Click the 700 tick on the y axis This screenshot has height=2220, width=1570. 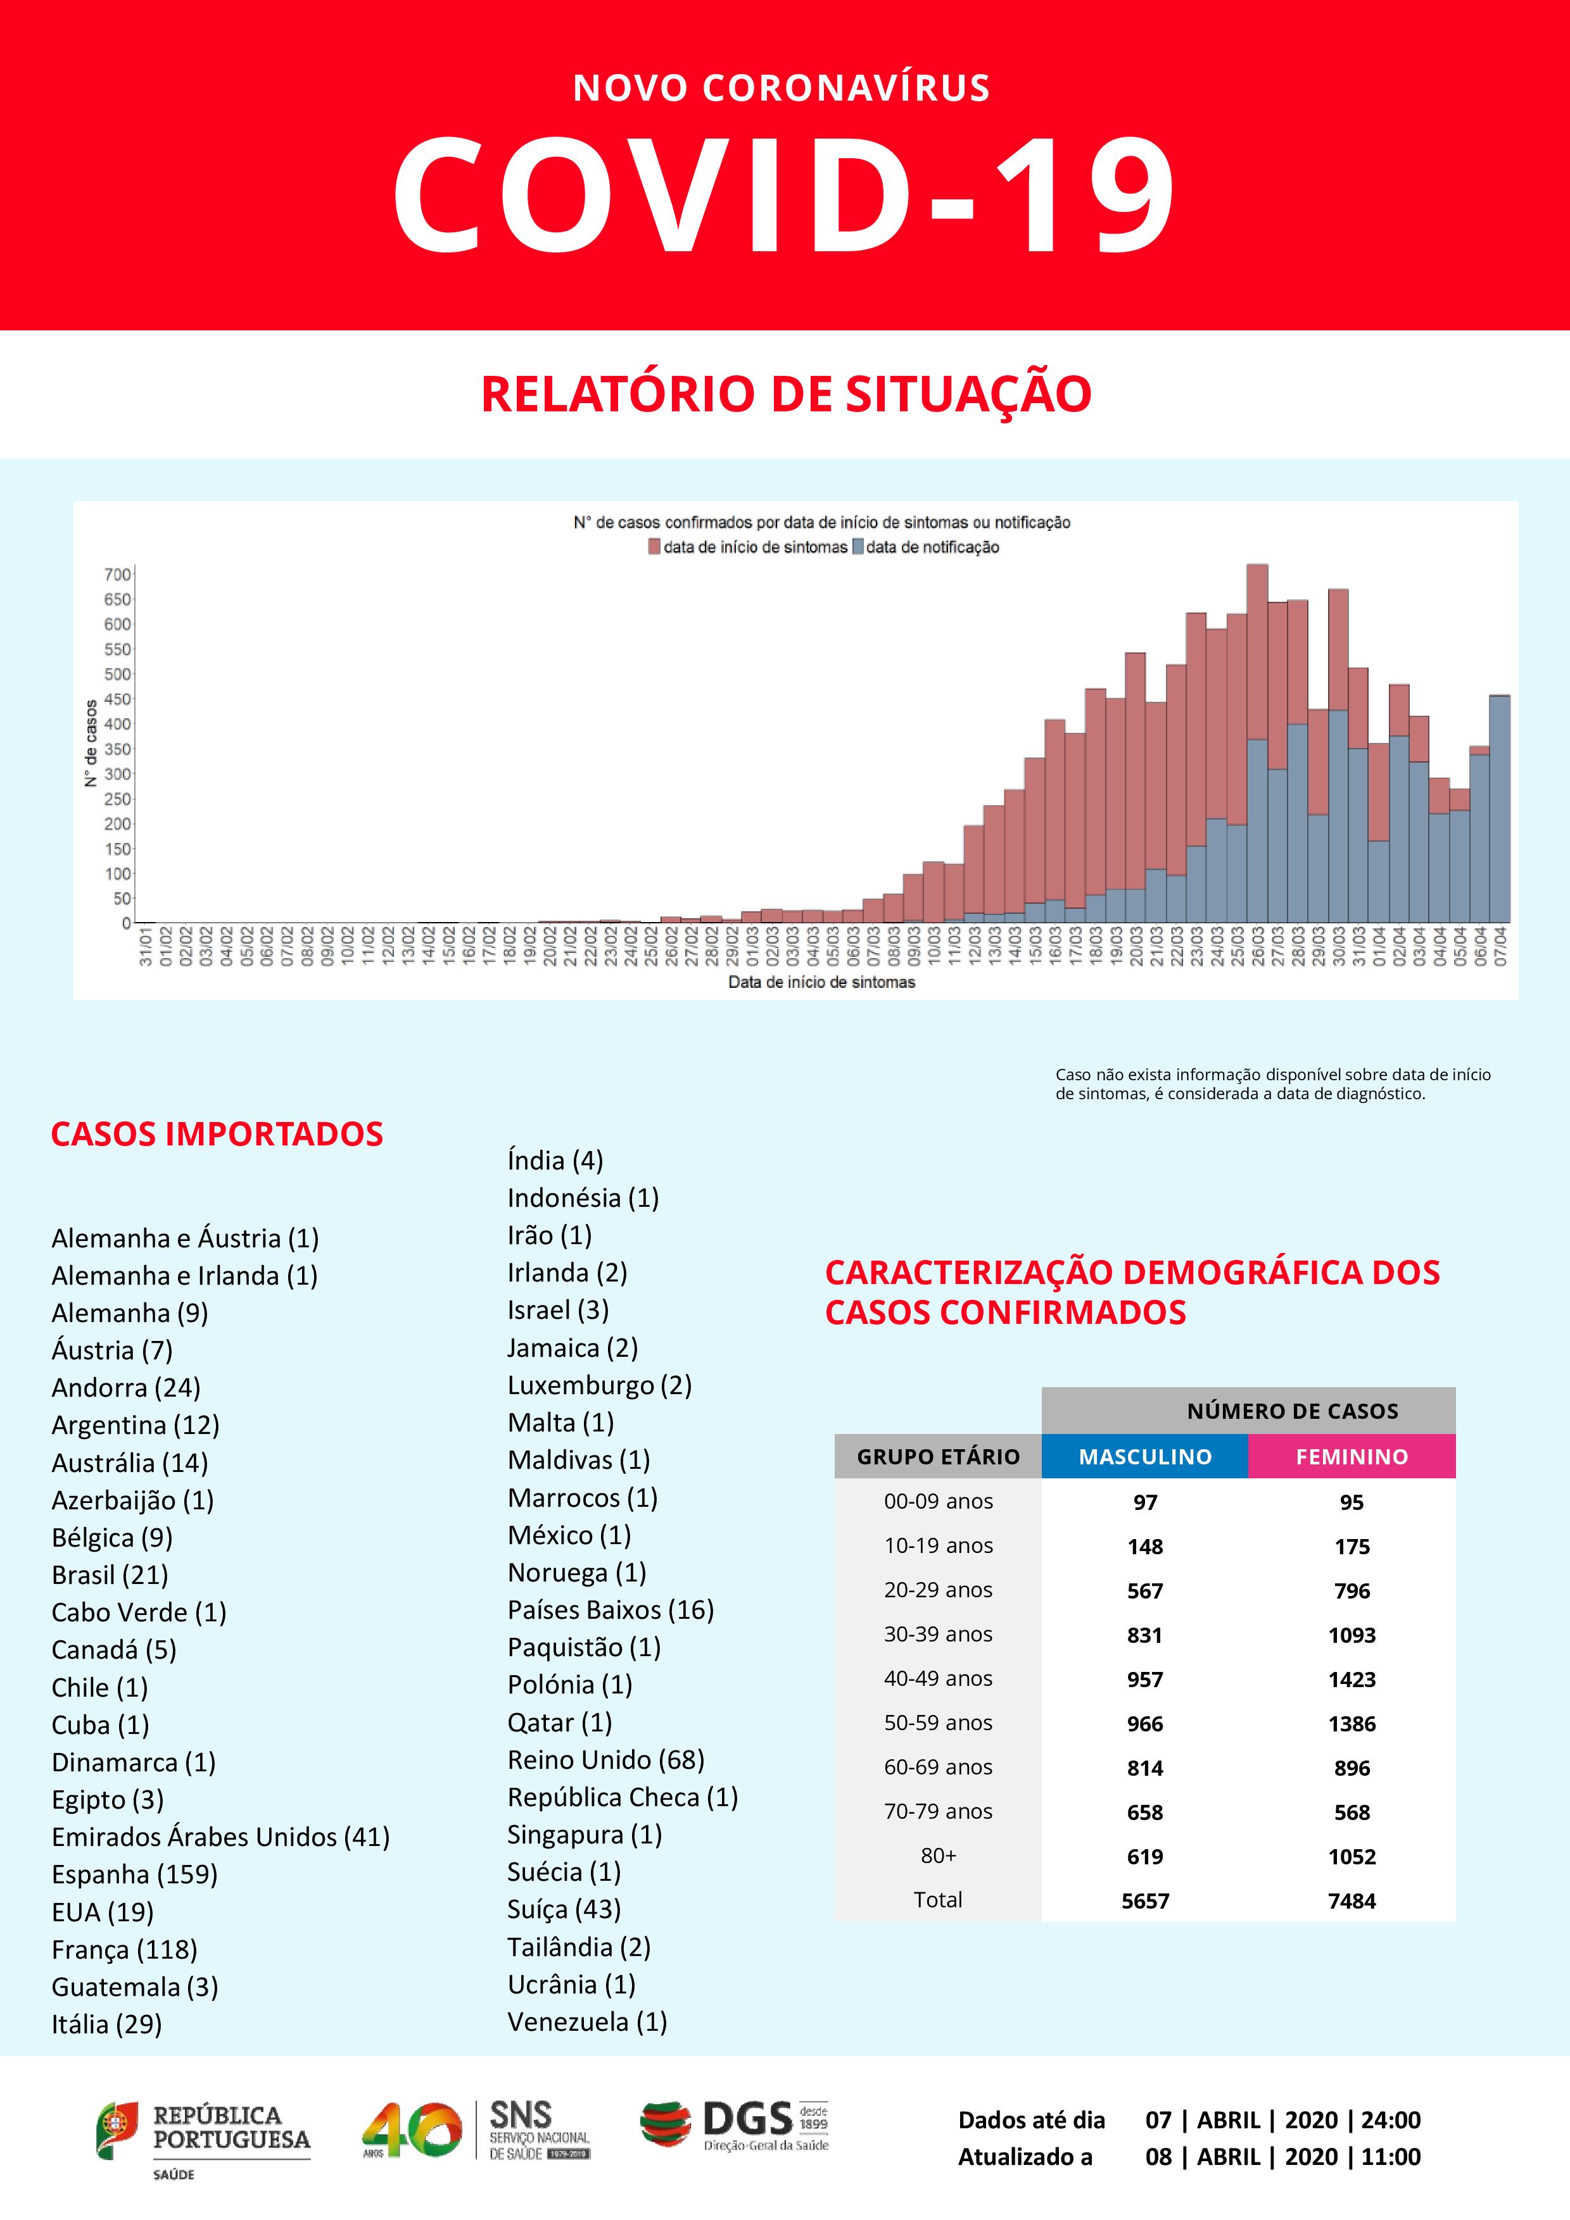click(x=117, y=575)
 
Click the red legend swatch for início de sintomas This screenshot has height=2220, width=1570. click(x=654, y=547)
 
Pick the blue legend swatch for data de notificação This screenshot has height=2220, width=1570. click(x=857, y=547)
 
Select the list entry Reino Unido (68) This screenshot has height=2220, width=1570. click(x=605, y=1760)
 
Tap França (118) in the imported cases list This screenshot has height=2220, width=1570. click(x=124, y=1949)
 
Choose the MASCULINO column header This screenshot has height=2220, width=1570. click(x=1144, y=1456)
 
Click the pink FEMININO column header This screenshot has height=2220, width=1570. click(x=1352, y=1456)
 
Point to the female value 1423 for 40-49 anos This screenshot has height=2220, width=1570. click(x=1352, y=1680)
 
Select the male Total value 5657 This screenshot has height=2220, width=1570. click(x=1145, y=1901)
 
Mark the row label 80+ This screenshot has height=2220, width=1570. click(x=939, y=1855)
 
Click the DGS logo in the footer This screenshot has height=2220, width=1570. click(x=735, y=2126)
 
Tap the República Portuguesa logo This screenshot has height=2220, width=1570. click(x=203, y=2135)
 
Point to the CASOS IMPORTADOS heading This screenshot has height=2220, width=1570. click(x=217, y=1134)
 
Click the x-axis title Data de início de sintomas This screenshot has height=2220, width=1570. click(x=821, y=982)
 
